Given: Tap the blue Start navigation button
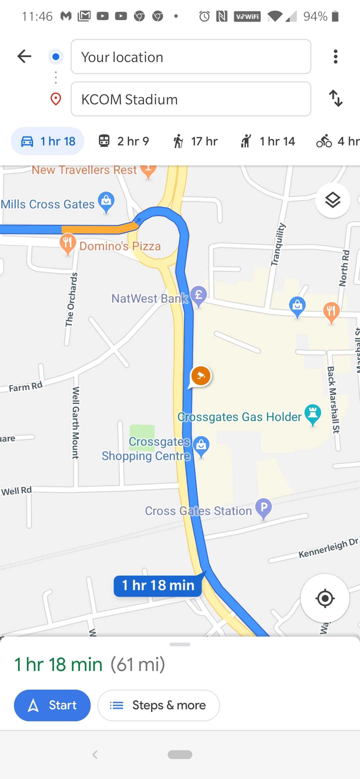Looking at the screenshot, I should click(x=52, y=705).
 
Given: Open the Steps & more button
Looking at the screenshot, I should click(x=158, y=705).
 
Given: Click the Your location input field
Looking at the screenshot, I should click(x=191, y=57).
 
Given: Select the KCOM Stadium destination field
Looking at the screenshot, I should click(x=191, y=99).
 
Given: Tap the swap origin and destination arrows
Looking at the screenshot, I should click(x=335, y=98).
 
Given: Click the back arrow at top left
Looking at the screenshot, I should click(x=24, y=56).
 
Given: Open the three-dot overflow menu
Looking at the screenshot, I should click(x=335, y=57).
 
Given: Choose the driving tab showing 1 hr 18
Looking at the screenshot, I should click(x=48, y=141).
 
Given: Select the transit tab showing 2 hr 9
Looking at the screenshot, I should click(x=124, y=141).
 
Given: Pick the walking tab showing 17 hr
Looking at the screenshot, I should click(x=195, y=141).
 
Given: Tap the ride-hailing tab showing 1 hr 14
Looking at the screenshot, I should click(x=268, y=141).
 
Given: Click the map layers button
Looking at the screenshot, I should click(x=332, y=200).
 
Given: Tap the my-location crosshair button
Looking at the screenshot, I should click(x=325, y=598).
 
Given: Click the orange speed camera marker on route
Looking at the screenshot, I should click(x=201, y=376).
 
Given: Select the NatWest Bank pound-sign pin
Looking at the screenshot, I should click(x=199, y=295).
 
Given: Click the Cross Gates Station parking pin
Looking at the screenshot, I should click(x=264, y=508).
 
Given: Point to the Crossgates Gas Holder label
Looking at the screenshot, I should click(x=239, y=417).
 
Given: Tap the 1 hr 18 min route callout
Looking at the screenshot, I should click(x=158, y=586).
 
